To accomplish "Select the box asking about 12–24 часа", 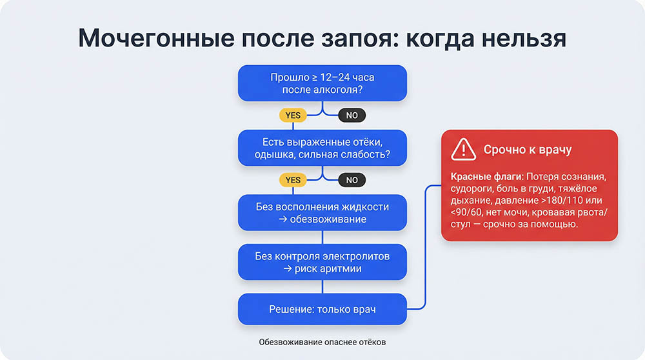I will point(322,83).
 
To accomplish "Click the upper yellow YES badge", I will point(293,115).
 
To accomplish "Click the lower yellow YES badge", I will point(293,180).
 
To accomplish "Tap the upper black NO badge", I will point(352,115).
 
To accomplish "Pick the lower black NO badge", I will point(352,180).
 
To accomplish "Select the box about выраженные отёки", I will point(322,148).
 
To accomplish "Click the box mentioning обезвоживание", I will point(322,212).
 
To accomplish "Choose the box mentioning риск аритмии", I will point(322,262).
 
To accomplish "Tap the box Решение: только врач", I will point(322,310).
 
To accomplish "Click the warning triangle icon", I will point(464,150).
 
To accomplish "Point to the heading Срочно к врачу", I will point(528,150).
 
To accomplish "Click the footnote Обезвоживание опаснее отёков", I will point(322,342).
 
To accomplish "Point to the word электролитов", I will point(359,256).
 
